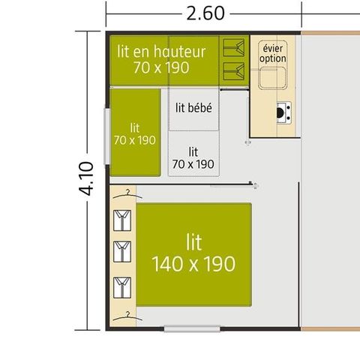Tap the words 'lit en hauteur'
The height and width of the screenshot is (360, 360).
(x=161, y=52)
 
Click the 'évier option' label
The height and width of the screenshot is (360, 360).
(x=273, y=52)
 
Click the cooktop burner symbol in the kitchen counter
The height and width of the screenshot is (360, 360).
(x=283, y=112)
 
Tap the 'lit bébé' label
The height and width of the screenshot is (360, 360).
(x=193, y=108)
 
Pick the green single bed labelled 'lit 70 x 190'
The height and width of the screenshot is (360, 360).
(x=136, y=132)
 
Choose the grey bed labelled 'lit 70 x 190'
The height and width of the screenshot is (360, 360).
(x=193, y=156)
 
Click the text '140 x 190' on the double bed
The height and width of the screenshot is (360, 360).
(x=193, y=264)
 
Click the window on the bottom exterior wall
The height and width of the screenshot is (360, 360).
(x=192, y=328)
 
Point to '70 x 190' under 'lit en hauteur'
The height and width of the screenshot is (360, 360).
(x=161, y=68)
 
